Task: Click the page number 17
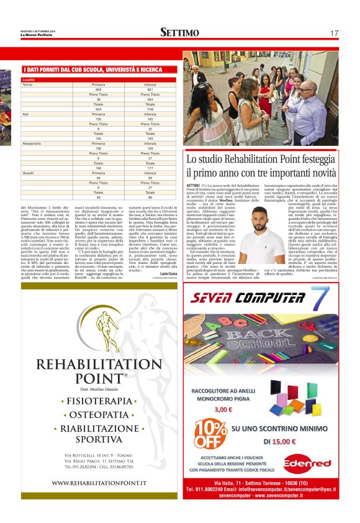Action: coord(334,33)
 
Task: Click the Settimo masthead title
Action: coord(179,32)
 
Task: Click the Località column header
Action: coord(29,80)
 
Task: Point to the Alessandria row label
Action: coord(32,143)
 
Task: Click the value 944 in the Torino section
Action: coord(98,109)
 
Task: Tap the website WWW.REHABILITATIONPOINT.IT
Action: coord(99,483)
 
